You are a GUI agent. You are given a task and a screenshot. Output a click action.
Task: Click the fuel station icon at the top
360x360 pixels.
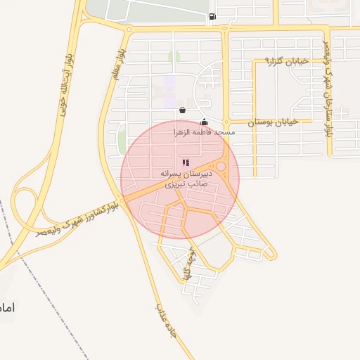coord(212,17)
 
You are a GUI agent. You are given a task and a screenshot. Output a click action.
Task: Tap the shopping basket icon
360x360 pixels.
coord(183,110)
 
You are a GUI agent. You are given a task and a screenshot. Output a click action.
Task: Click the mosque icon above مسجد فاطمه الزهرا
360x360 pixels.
coord(204,122)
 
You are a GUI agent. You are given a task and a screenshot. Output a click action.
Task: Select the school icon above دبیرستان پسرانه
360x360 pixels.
coord(186,162)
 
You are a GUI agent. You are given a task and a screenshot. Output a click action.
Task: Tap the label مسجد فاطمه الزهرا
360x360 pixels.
coord(205,132)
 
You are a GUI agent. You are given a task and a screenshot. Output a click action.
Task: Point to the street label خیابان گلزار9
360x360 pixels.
coord(286,62)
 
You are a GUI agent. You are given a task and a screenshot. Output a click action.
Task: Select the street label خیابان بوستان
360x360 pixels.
coord(274,122)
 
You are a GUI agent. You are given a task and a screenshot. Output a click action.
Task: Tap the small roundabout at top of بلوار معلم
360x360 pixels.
coord(128,30)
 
